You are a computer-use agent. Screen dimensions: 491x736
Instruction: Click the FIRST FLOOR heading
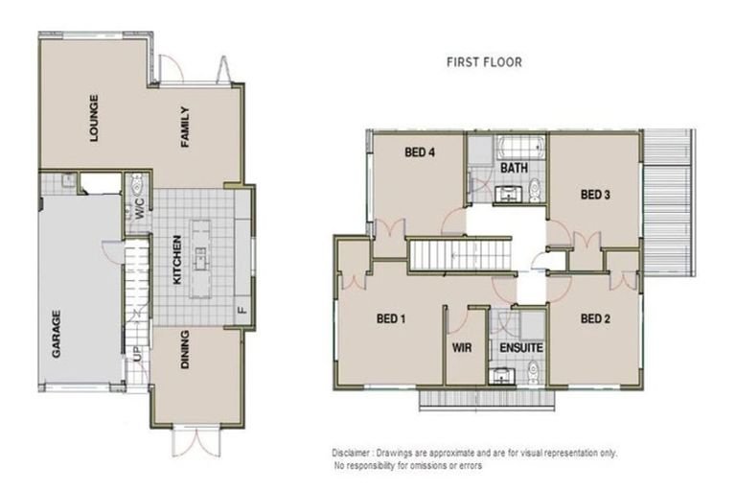tap(484, 62)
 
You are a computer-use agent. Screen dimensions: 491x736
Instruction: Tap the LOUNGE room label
tap(94, 117)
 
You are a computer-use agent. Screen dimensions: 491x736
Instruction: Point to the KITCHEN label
tap(176, 260)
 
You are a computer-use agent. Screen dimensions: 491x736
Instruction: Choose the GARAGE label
tap(57, 333)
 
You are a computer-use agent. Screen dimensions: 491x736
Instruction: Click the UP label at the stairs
tap(138, 362)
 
